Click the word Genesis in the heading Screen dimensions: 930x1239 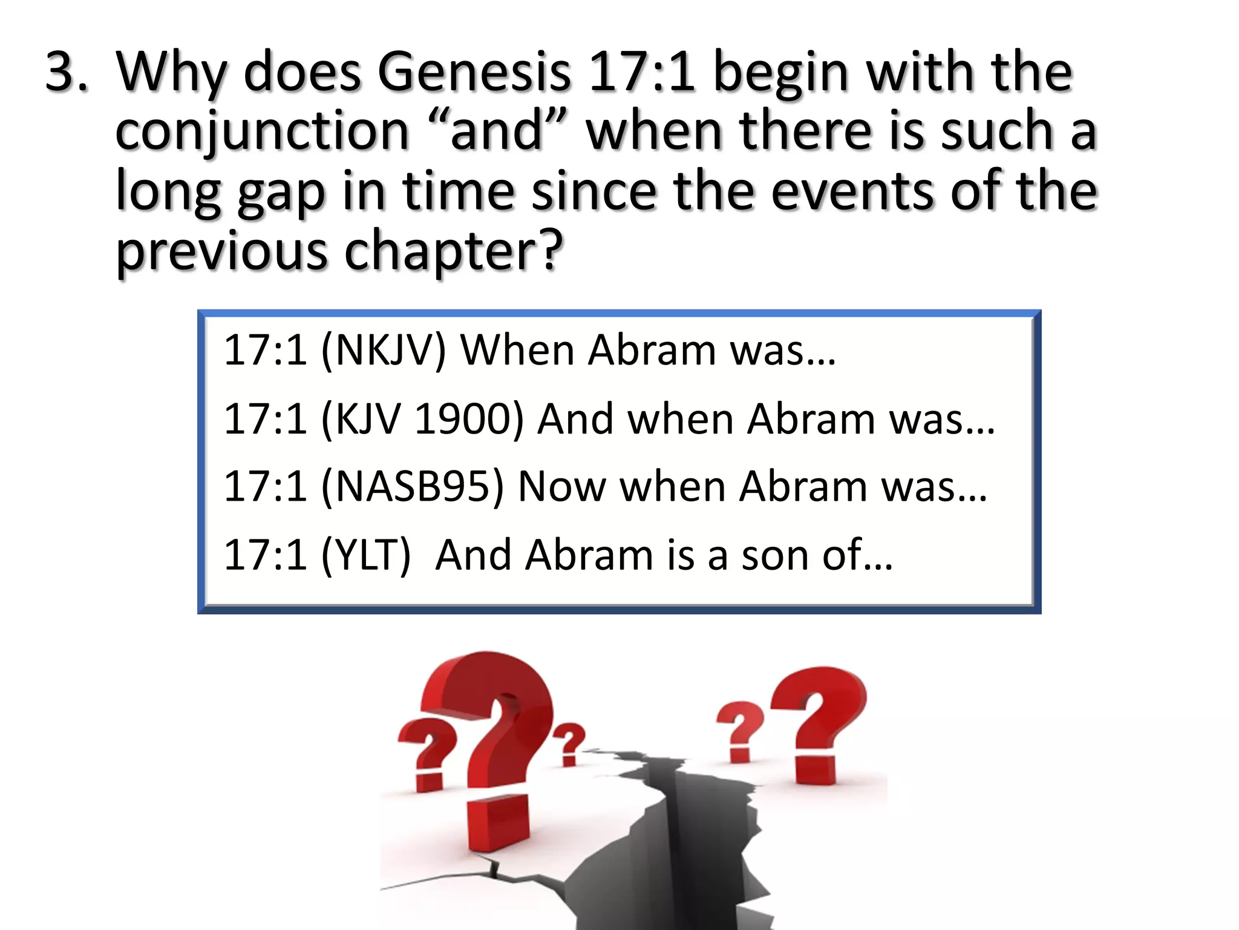click(x=474, y=72)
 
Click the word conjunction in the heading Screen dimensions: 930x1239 click(x=262, y=131)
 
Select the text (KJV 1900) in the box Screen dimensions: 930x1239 click(x=422, y=418)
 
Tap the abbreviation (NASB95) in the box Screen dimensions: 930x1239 click(x=413, y=486)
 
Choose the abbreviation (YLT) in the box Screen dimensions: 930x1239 click(x=366, y=555)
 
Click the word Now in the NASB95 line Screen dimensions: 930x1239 click(x=562, y=486)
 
